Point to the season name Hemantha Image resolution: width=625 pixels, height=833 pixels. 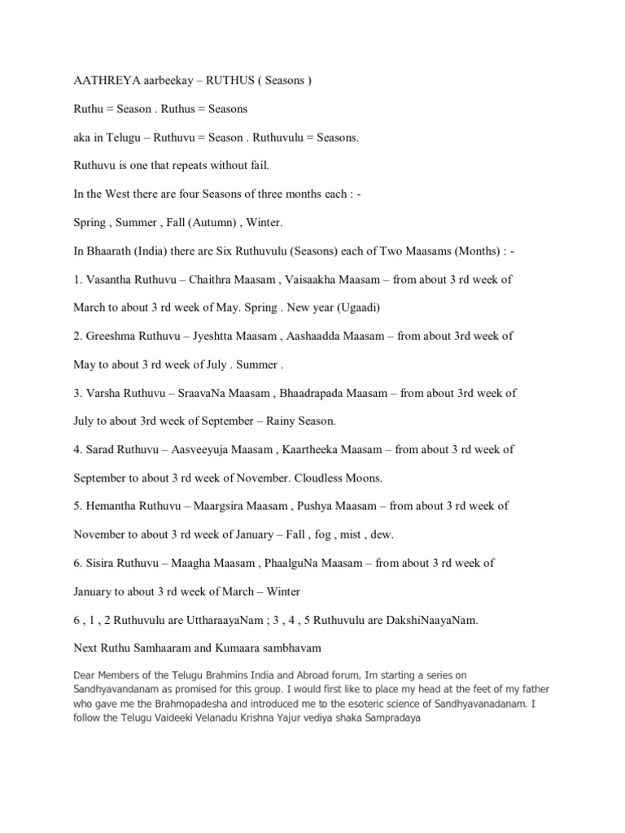[x=114, y=505]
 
